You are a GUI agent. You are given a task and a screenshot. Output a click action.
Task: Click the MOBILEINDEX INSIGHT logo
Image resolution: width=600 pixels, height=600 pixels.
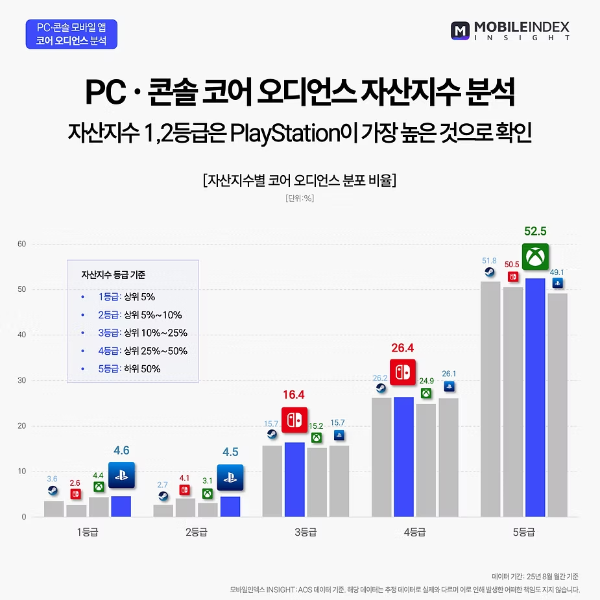[x=510, y=30]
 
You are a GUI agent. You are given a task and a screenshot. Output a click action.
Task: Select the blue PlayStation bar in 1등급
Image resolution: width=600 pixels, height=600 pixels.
[x=121, y=506]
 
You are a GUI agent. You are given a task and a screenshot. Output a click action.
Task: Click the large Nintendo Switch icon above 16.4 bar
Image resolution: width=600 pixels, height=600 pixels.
[x=294, y=420]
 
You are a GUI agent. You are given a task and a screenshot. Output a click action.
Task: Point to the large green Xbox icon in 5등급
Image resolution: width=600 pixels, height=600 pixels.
[x=535, y=257]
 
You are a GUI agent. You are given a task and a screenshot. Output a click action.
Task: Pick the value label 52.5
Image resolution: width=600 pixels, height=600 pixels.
[x=535, y=231]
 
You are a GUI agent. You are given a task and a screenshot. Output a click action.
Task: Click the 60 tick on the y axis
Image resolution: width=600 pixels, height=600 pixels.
[x=21, y=245]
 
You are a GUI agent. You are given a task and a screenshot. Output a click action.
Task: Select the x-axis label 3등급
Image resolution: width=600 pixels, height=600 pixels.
[x=305, y=533]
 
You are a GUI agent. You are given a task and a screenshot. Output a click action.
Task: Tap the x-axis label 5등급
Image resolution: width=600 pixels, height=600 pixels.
[x=523, y=533]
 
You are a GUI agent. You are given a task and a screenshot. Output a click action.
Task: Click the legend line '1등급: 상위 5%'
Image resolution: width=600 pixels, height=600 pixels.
[x=127, y=297]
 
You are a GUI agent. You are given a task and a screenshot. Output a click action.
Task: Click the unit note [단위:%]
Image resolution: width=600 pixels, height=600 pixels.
[x=299, y=198]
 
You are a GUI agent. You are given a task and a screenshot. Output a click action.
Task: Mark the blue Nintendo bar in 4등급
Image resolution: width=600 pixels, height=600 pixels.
[x=403, y=457]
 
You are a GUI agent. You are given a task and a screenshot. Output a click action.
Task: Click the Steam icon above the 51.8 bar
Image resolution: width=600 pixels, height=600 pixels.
[x=490, y=272]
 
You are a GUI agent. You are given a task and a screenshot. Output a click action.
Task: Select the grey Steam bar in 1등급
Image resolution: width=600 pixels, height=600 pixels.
[x=54, y=509]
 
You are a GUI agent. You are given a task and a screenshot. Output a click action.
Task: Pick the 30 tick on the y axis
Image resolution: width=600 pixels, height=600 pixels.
[x=21, y=381]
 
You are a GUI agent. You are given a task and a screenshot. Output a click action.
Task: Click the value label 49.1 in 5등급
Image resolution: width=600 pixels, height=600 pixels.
[x=557, y=273]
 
